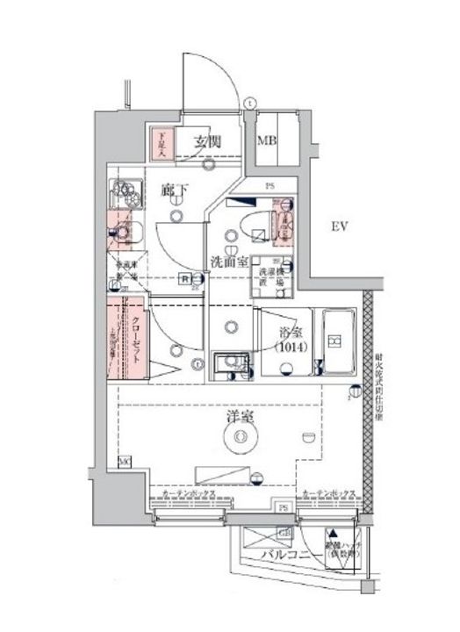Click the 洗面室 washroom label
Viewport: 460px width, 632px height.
click(x=226, y=261)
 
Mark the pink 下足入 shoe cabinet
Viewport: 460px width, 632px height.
click(x=162, y=144)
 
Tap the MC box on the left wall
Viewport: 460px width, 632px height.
click(x=124, y=461)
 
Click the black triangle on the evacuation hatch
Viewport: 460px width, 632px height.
click(x=334, y=532)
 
